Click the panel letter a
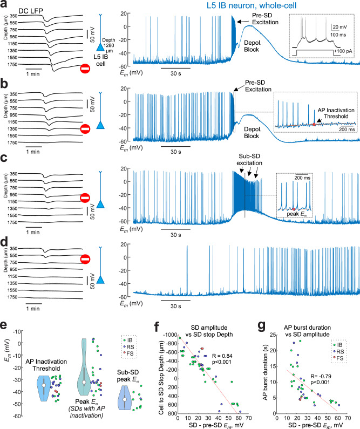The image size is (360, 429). (5, 5)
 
